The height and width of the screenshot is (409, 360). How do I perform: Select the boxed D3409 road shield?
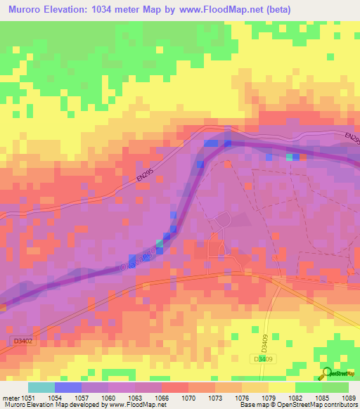pyautogui.click(x=262, y=358)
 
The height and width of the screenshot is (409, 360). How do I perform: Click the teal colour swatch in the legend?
pyautogui.click(x=41, y=387)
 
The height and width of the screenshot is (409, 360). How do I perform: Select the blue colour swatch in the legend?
pyautogui.click(x=68, y=387)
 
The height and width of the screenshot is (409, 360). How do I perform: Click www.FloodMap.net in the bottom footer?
pyautogui.click(x=134, y=405)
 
